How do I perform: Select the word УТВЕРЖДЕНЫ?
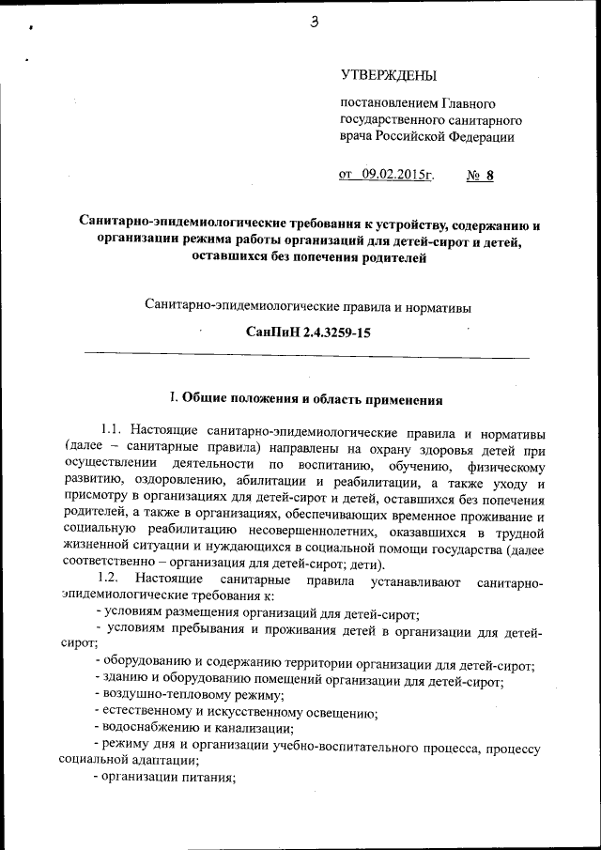tap(388, 74)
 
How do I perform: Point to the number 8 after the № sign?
tap(489, 175)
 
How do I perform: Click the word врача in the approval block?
tap(357, 137)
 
